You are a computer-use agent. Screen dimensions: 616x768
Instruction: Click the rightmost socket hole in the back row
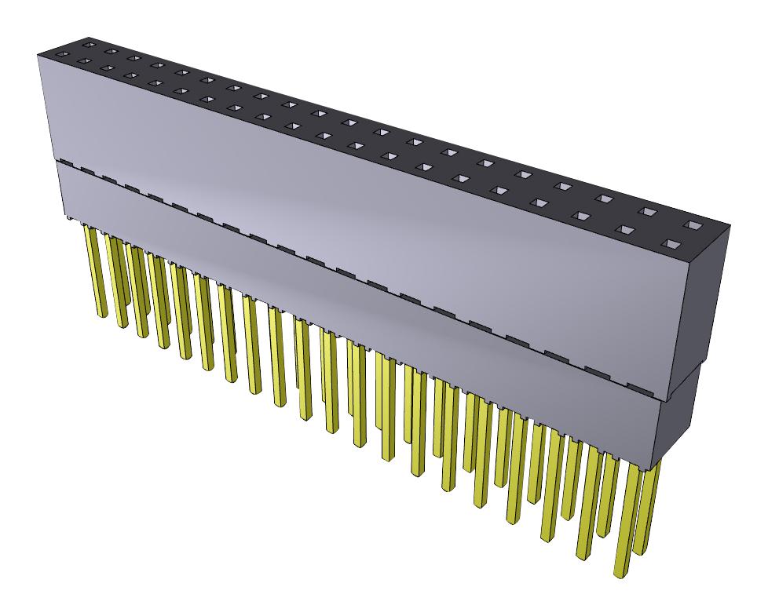693,225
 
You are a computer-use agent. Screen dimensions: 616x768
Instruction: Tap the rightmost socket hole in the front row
671,246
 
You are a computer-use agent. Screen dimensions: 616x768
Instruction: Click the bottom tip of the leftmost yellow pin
101,314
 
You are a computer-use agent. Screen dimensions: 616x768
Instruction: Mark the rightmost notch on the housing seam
638,386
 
